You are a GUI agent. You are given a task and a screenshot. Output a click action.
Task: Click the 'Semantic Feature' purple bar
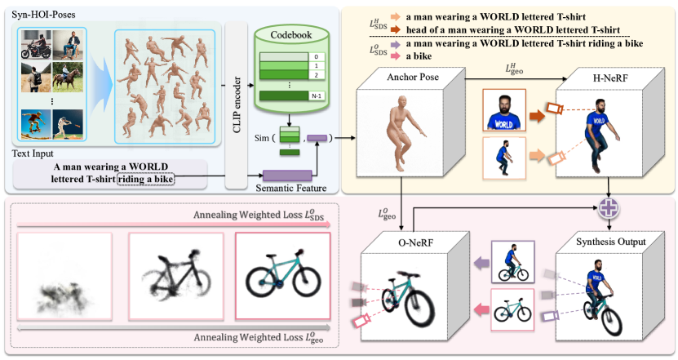point(286,174)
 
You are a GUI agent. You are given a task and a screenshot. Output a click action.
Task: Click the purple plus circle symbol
point(607,209)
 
